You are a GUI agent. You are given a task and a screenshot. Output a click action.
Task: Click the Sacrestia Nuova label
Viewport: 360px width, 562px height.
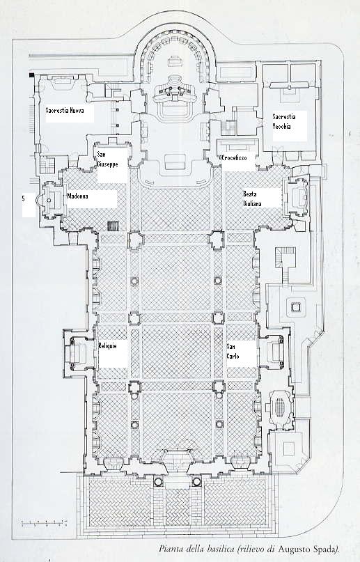pyautogui.click(x=65, y=111)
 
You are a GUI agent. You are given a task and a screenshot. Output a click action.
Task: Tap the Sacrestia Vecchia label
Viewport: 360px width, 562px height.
pyautogui.click(x=284, y=121)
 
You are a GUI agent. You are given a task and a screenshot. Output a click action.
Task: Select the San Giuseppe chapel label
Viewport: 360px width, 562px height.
pyautogui.click(x=107, y=159)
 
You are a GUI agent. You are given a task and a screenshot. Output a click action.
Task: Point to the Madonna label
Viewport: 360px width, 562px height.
pyautogui.click(x=78, y=196)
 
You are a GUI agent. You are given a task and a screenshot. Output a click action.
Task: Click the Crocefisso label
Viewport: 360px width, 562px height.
pyautogui.click(x=234, y=157)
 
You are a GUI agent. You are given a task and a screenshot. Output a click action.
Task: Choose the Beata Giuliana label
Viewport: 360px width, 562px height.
pyautogui.click(x=252, y=198)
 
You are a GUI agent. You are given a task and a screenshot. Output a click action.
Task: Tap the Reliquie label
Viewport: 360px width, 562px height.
pyautogui.click(x=107, y=346)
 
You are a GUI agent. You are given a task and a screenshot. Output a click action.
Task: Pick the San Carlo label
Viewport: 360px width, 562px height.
pyautogui.click(x=233, y=352)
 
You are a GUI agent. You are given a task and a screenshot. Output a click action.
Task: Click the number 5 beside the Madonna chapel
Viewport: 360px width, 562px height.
pyautogui.click(x=24, y=198)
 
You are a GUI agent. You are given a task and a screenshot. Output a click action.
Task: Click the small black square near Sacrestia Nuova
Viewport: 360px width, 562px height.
pyautogui.click(x=32, y=75)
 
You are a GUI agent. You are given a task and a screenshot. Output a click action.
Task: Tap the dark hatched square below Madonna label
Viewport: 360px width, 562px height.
pyautogui.click(x=114, y=226)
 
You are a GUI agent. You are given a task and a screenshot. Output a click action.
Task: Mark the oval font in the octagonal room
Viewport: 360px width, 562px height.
pyautogui.click(x=281, y=408)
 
